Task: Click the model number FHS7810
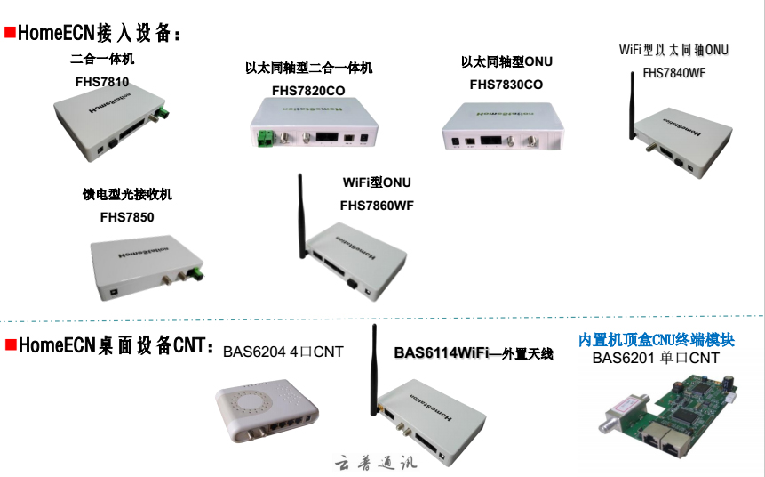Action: click(x=102, y=81)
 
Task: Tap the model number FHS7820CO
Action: click(x=308, y=90)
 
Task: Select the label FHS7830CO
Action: click(x=506, y=85)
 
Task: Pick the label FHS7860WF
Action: click(x=377, y=206)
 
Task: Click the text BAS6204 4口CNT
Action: click(x=283, y=351)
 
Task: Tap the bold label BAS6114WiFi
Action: click(x=442, y=354)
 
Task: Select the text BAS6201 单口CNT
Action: click(x=656, y=359)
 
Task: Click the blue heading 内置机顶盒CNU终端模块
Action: click(x=657, y=340)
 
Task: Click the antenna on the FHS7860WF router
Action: click(x=302, y=214)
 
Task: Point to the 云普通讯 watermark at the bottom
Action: click(x=375, y=463)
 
